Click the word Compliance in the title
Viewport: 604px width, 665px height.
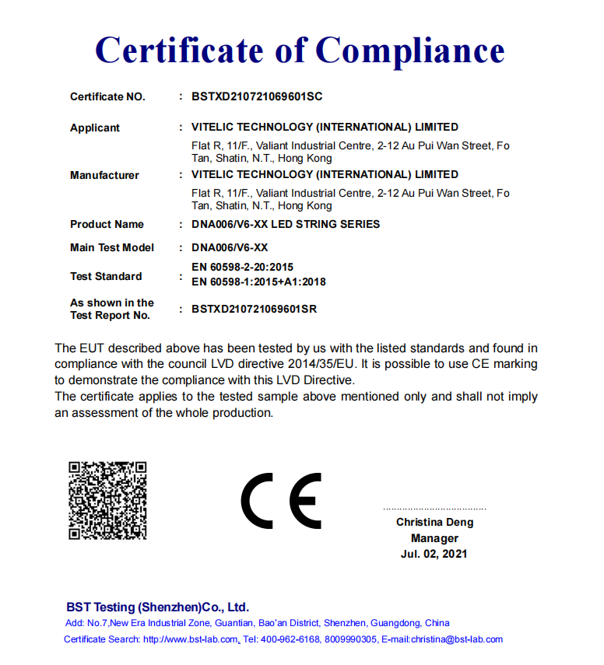point(410,51)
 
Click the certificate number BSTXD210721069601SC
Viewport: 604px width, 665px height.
point(257,97)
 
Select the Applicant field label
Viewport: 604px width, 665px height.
point(95,128)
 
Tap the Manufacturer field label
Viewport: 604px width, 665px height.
point(104,175)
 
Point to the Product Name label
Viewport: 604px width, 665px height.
point(107,224)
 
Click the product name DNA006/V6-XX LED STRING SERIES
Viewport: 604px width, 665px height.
point(286,224)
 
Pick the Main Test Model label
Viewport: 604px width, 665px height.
point(112,247)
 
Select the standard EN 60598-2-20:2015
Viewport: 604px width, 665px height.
point(242,267)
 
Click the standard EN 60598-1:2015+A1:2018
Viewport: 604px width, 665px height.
point(258,282)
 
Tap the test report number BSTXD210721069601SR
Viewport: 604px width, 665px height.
point(254,309)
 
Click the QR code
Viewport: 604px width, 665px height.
point(107,500)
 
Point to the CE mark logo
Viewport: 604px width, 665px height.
point(281,501)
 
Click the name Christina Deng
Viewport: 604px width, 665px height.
point(434,523)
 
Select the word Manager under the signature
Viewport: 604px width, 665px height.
point(434,538)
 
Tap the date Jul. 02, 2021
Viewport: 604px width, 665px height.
point(434,554)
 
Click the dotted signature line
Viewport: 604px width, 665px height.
point(434,508)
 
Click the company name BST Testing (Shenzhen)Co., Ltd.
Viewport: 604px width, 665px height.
point(157,607)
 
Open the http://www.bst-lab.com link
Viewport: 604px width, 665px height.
point(191,639)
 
